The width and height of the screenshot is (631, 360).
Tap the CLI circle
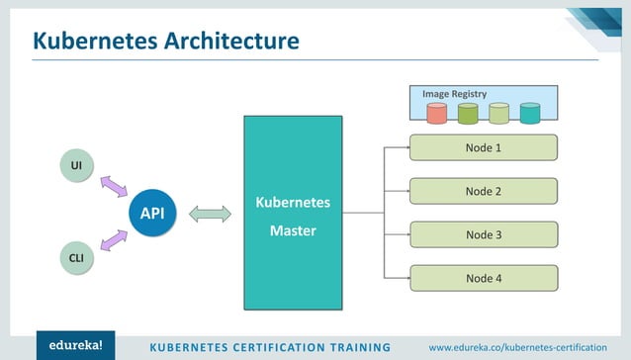click(76, 259)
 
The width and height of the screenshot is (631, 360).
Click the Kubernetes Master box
click(293, 213)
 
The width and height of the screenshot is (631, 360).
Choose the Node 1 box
click(484, 148)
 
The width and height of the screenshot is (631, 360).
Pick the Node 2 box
click(484, 191)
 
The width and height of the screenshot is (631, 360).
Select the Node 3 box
click(484, 234)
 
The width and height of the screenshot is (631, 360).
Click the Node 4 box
click(484, 278)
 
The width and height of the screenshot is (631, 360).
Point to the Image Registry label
click(454, 94)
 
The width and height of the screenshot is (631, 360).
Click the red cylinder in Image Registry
click(437, 114)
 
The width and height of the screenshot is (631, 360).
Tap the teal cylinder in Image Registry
click(530, 114)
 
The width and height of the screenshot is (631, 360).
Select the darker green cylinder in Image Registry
click(468, 114)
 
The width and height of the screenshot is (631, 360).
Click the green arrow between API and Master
click(209, 214)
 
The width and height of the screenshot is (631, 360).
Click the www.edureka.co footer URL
click(517, 346)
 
